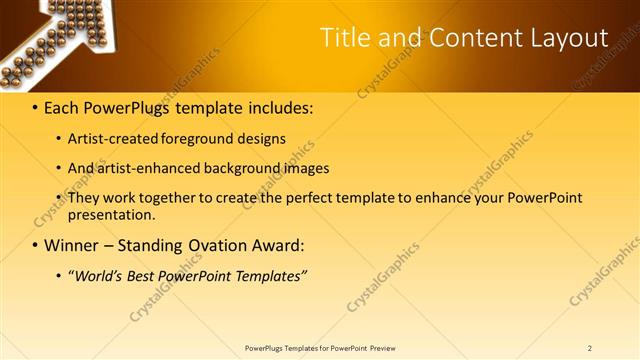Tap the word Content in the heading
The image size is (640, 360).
(467, 38)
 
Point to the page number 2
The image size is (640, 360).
(590, 348)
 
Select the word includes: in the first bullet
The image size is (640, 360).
(274, 107)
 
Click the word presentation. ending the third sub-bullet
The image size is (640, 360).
(112, 214)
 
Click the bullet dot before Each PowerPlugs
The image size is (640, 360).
(35, 107)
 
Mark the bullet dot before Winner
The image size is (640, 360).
(35, 245)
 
